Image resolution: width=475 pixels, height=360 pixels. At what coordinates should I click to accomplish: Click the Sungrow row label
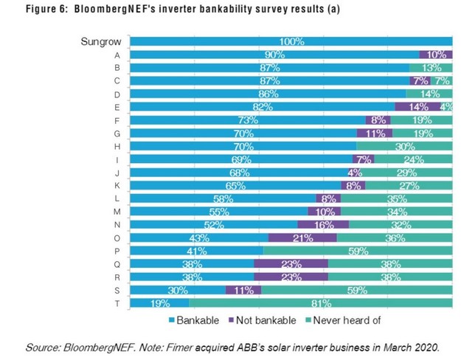tap(96, 42)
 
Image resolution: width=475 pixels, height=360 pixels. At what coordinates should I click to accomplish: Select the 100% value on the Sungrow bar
tap(291, 42)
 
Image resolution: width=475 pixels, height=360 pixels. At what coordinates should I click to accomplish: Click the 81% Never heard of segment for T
tap(320, 303)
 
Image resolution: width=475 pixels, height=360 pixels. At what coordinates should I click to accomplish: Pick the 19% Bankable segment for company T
tap(159, 303)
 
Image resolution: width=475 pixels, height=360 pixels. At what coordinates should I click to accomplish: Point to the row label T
tap(117, 303)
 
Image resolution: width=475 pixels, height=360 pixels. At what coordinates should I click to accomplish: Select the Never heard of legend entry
tap(346, 321)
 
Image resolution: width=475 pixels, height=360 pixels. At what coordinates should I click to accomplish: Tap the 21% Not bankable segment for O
tap(302, 238)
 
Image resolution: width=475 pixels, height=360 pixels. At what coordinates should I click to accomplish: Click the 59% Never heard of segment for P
tap(357, 251)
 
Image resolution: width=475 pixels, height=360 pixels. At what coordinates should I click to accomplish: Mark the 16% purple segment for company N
tap(323, 224)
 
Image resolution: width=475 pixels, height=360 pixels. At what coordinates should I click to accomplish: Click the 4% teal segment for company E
tap(446, 107)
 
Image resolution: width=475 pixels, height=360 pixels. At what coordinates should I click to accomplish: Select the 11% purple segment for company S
tap(243, 290)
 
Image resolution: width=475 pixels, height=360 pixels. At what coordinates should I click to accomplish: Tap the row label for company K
tap(117, 185)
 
